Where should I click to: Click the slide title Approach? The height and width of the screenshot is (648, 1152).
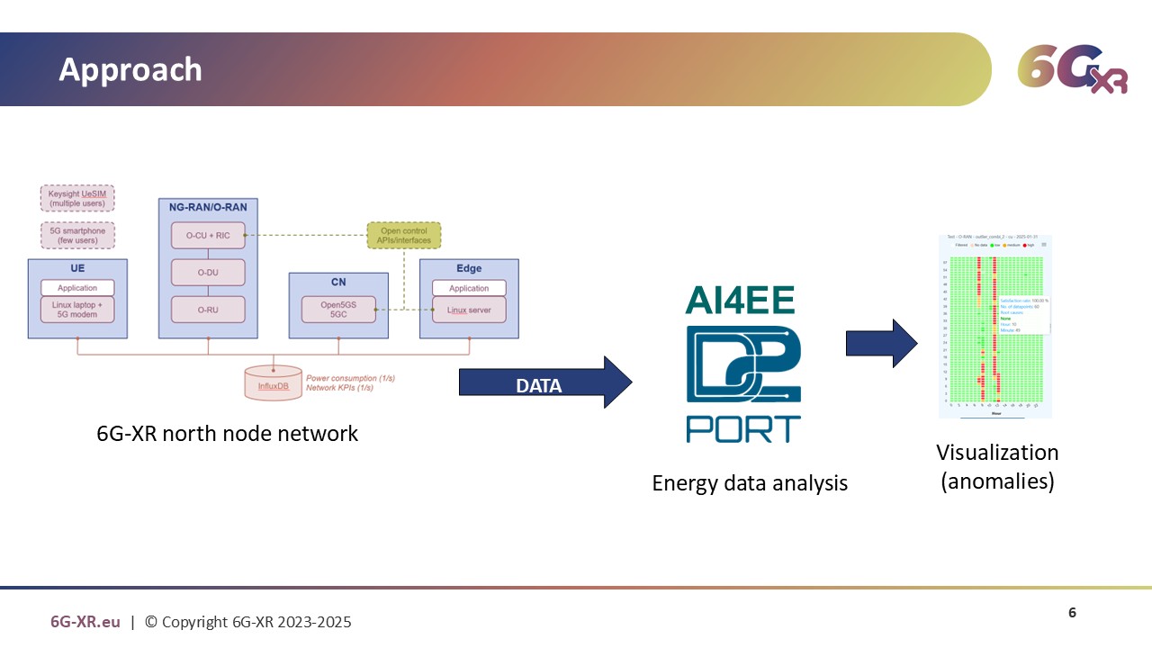(130, 70)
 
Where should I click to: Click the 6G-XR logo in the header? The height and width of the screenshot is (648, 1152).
(1072, 69)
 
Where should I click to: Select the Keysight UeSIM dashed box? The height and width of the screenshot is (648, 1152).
(77, 198)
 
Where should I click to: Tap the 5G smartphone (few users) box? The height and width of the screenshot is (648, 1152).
(77, 235)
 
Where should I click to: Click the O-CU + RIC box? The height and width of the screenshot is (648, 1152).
(208, 236)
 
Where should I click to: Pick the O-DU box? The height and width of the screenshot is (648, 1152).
(208, 272)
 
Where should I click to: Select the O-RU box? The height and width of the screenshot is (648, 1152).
(208, 309)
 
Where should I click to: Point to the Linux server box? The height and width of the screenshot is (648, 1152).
(469, 310)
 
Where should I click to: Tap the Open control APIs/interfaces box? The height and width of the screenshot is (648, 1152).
(404, 235)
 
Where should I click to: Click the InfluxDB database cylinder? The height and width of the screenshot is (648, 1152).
(274, 383)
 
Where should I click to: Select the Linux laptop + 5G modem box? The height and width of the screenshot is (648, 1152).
(77, 310)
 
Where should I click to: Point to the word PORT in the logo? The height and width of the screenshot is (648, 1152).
(743, 428)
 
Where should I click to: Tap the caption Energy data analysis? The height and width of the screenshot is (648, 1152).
(750, 483)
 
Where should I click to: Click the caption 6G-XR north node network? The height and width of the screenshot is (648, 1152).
(227, 434)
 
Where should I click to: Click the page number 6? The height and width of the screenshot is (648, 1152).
(1072, 613)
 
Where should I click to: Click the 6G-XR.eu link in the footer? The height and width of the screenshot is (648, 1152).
(85, 622)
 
